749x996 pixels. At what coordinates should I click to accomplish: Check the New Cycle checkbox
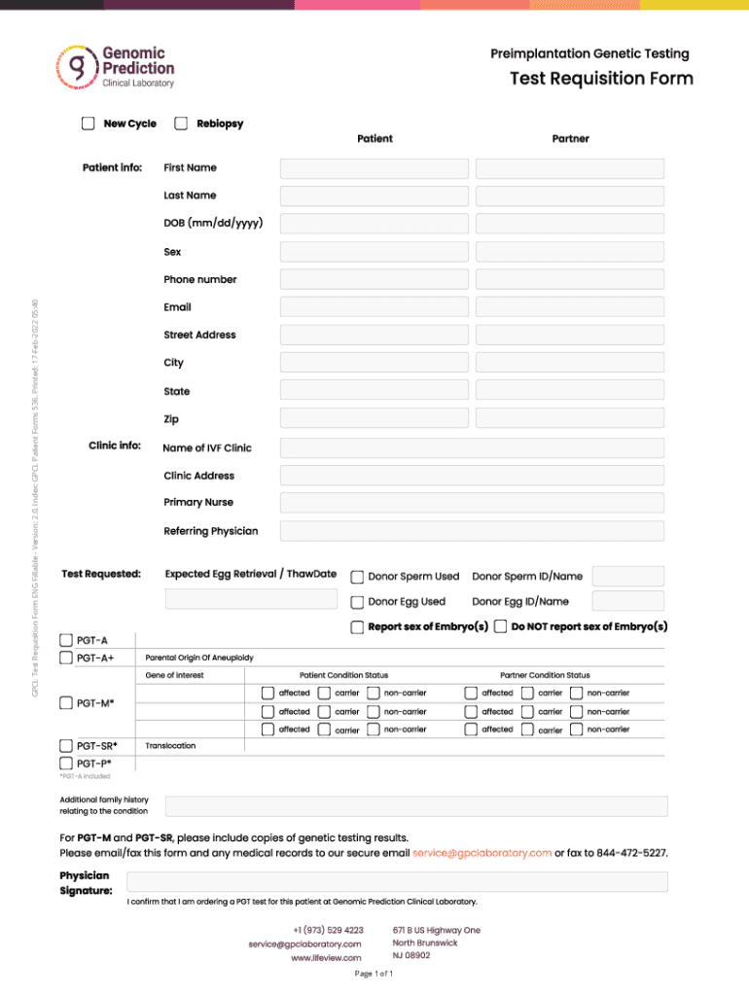point(89,124)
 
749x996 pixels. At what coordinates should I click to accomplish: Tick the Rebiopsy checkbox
point(181,124)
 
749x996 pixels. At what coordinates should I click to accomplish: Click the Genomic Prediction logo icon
point(76,67)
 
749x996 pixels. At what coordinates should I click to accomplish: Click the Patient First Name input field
point(374,168)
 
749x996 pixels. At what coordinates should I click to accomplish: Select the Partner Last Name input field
point(570,196)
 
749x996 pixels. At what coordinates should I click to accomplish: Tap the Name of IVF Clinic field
point(472,448)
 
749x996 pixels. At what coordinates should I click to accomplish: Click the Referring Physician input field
point(472,531)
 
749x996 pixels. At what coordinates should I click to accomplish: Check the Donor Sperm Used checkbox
point(358,577)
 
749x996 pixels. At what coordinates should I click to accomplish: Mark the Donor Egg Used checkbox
point(358,602)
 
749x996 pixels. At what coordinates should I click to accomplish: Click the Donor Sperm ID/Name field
point(628,577)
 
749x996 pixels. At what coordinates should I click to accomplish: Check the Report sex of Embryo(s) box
point(358,627)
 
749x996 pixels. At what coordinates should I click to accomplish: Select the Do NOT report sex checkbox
point(500,627)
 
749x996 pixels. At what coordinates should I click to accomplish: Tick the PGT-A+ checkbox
point(66,658)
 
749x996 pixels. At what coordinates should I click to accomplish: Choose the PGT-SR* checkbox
point(66,746)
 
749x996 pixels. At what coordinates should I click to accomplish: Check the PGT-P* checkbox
point(66,764)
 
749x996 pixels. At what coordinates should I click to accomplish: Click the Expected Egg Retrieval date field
point(251,599)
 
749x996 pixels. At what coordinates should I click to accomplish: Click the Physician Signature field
point(416,881)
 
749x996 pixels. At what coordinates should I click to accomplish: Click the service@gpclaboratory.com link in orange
point(481,853)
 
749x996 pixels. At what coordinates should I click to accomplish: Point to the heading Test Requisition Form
point(601,79)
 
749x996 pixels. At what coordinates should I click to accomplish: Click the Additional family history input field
point(416,805)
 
